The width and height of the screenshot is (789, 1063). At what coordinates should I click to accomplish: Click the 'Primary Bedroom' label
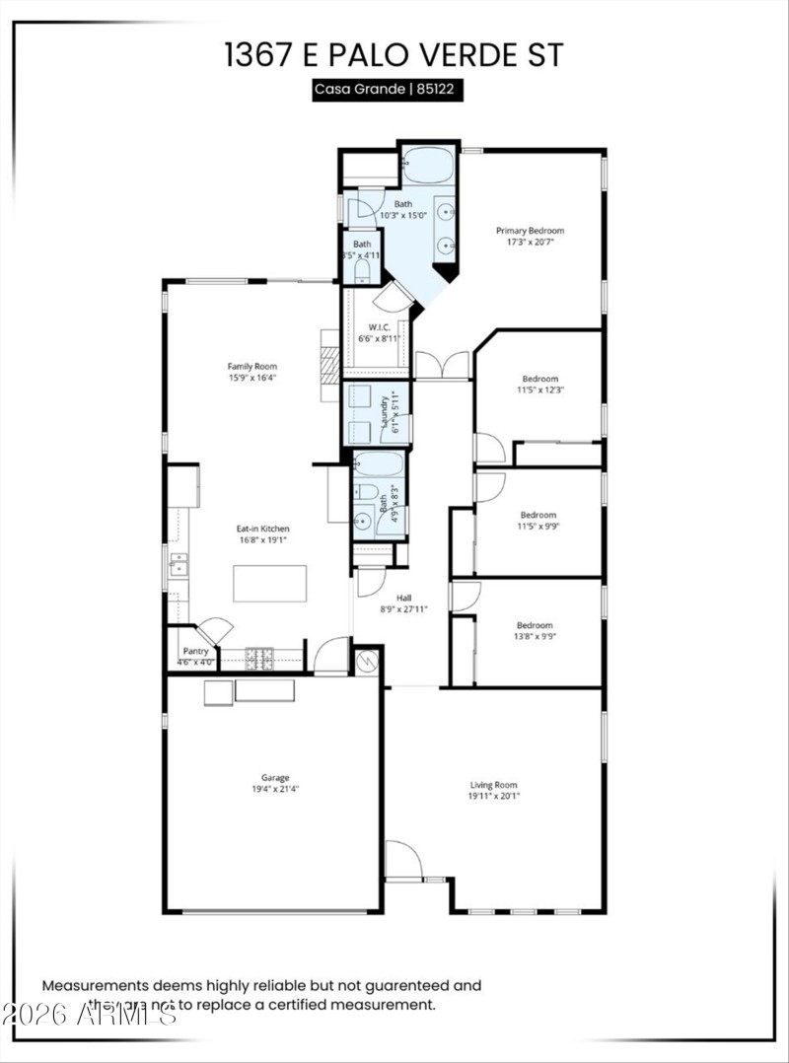coord(530,231)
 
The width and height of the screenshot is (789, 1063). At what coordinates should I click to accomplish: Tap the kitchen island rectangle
coord(269,583)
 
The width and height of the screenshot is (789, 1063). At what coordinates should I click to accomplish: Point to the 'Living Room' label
coord(492,785)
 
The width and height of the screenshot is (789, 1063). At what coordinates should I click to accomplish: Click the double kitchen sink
coord(178,565)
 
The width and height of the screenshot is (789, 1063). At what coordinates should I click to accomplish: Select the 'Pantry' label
coord(194,652)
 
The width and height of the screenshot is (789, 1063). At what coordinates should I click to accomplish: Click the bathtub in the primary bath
coord(428,166)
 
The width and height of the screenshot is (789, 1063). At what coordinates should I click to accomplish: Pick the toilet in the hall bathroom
coord(367,491)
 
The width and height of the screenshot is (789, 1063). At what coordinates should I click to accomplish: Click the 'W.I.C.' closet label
coord(380,326)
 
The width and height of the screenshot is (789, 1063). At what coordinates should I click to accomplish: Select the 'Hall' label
coord(403,598)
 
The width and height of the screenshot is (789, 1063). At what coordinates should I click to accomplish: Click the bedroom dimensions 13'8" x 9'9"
coord(536,637)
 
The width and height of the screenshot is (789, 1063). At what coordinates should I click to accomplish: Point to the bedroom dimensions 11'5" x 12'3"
coord(540,390)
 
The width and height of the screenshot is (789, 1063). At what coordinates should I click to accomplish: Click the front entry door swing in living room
coord(402,861)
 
